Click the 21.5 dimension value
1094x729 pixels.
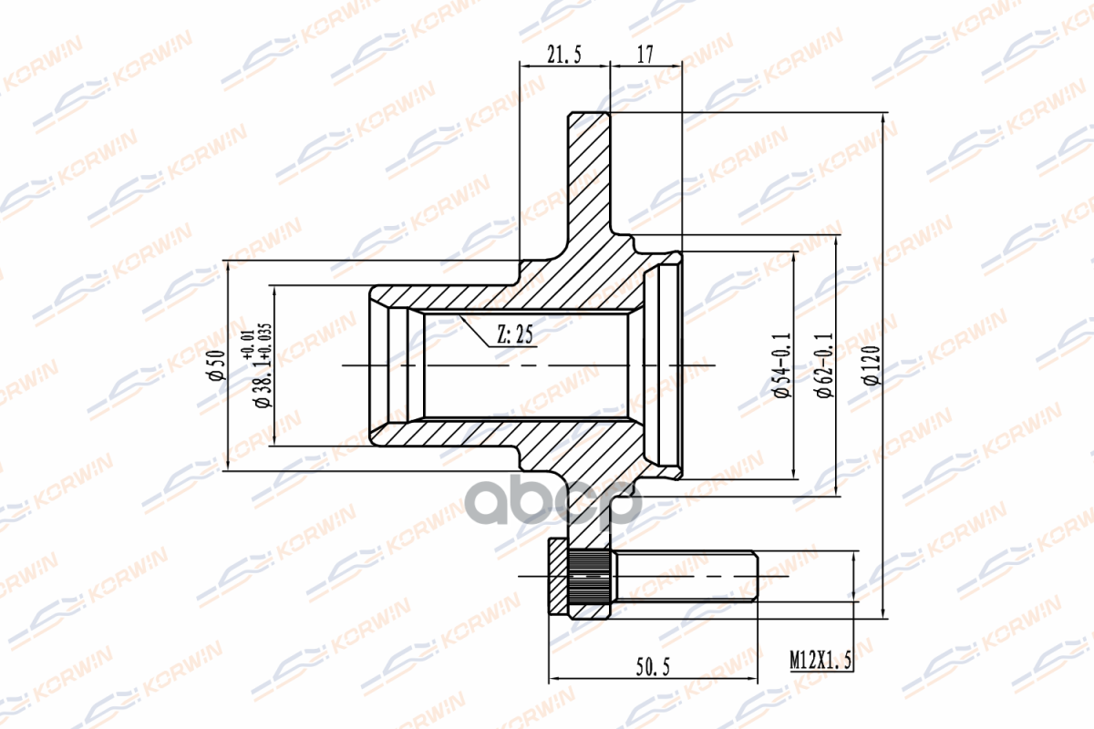[x=564, y=54]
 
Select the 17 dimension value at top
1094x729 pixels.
[x=645, y=54]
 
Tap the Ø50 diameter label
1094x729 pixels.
[x=217, y=365]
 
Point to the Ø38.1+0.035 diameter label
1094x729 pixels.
[x=263, y=365]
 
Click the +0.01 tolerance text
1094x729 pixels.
[x=248, y=344]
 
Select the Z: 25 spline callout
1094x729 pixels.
[x=515, y=334]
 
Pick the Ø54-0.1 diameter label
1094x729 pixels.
[x=782, y=365]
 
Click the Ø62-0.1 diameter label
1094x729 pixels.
[x=825, y=365]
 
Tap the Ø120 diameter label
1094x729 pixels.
[x=872, y=365]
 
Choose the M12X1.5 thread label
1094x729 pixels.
[x=820, y=660]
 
